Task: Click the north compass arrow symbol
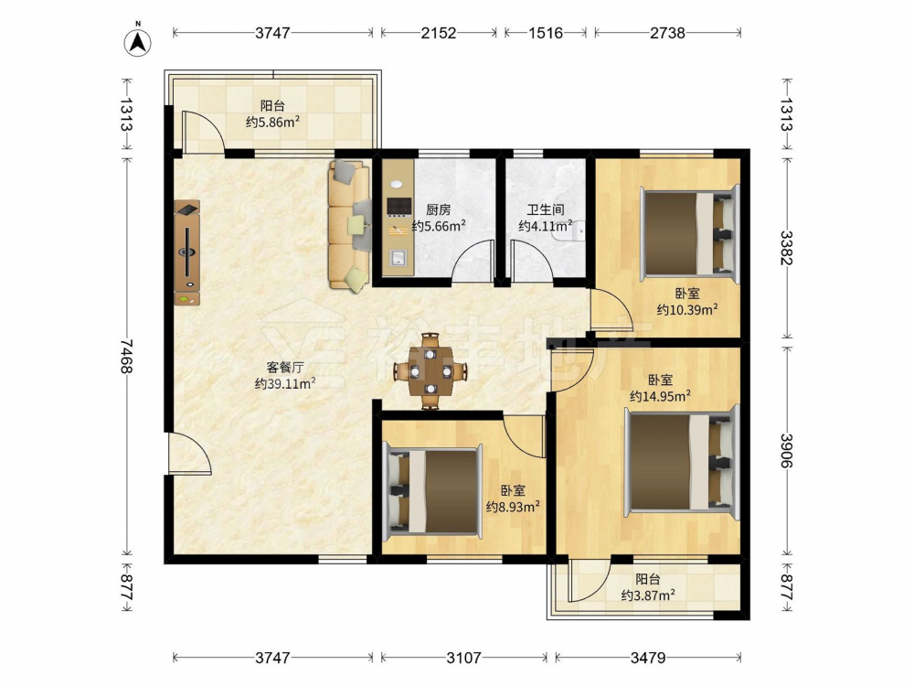pos(138,42)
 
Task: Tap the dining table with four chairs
pos(430,371)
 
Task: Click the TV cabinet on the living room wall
pos(187,252)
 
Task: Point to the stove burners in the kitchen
pos(399,207)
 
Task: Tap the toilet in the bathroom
pos(575,233)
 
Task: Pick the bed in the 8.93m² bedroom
pos(432,492)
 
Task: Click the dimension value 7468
pos(126,356)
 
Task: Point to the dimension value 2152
pos(439,33)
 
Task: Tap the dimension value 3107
pos(464,658)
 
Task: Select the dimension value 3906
pos(786,450)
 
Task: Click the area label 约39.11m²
pos(285,383)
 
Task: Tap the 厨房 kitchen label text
pos(439,210)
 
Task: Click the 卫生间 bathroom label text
pos(545,210)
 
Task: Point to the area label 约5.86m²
pos(272,122)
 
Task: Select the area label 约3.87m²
pos(648,595)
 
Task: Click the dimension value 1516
pos(546,33)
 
